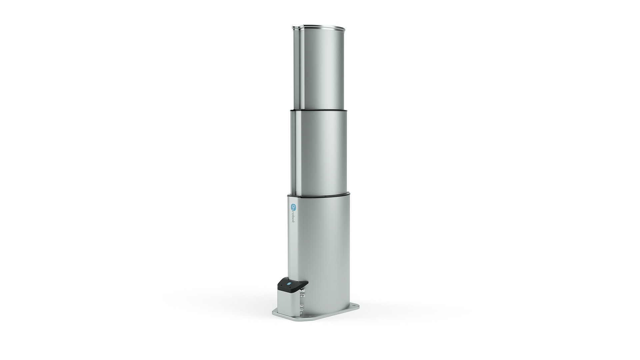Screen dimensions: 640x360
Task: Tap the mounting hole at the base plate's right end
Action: (x=355, y=306)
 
